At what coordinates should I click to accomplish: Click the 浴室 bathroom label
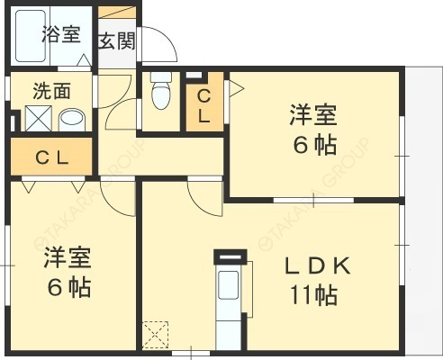pos(60,35)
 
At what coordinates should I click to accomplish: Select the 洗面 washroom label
pos(52,91)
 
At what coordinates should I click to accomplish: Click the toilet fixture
pos(161,93)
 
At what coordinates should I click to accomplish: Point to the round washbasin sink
pos(70,119)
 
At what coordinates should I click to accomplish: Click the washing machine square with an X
pos(38,119)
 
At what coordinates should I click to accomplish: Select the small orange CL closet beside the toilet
pos(203,105)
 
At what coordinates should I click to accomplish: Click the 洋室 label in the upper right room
pos(313,115)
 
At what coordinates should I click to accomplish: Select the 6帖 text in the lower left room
pos(68,290)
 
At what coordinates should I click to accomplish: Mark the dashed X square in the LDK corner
pos(156,336)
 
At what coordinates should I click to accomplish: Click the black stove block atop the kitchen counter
pos(229,256)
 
